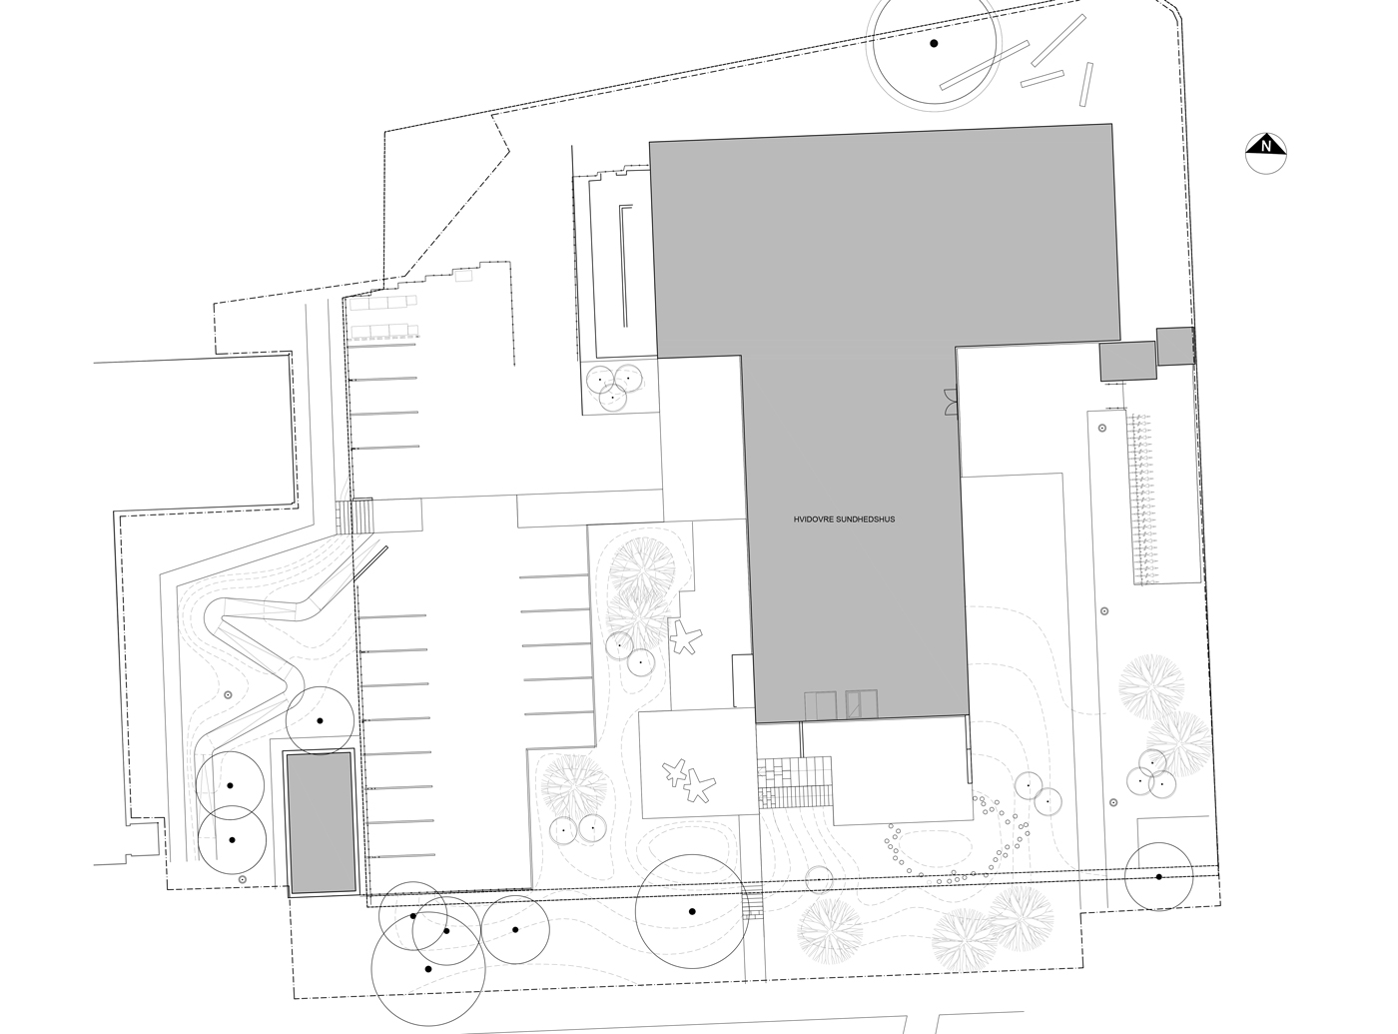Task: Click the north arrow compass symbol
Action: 1265,153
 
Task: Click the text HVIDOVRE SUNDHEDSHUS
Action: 844,519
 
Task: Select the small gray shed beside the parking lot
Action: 321,822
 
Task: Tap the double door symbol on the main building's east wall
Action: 951,403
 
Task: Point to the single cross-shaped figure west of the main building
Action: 685,637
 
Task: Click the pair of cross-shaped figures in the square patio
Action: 688,780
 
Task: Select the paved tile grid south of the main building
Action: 794,782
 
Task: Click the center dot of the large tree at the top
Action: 934,44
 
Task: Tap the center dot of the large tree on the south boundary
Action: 691,911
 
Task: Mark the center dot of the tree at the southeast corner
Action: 1158,877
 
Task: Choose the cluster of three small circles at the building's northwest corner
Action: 614,387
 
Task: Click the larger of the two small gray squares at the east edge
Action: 1127,361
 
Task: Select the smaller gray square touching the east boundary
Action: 1175,347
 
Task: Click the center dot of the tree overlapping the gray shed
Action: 320,720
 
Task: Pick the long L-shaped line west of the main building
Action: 625,265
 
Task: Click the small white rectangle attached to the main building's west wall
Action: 743,680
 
